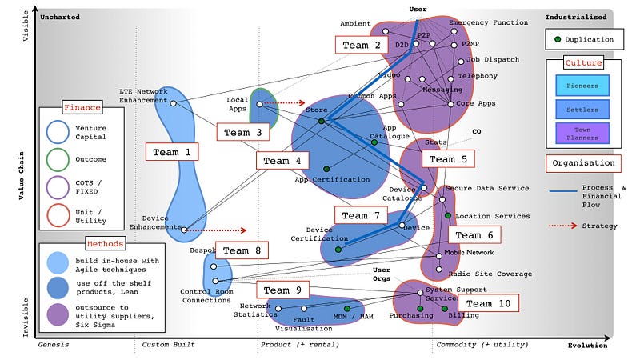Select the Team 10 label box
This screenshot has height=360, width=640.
coord(487,303)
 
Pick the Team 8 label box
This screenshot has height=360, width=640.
coord(241,250)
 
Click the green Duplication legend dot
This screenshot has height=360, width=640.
coord(558,39)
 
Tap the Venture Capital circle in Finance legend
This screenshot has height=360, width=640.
coord(57,134)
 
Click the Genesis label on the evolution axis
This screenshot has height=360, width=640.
coord(54,345)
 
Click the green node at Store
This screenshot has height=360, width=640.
coord(321,122)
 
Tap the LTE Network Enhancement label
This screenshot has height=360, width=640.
coord(144,95)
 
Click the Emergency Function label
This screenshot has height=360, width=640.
coord(488,22)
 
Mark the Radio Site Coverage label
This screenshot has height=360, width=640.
coord(490,274)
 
